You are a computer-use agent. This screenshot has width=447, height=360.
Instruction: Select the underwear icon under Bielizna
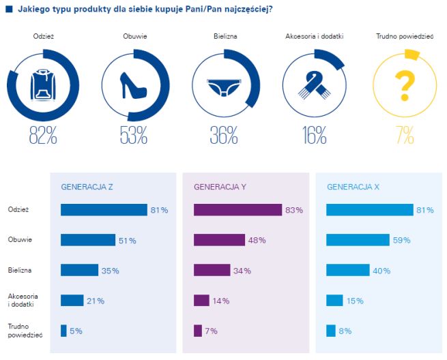pos(224,87)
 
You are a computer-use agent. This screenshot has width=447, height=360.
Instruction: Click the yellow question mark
pos(405,86)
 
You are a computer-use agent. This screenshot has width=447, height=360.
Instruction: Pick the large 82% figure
pos(42,136)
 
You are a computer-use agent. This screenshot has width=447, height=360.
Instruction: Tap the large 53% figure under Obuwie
pos(133,136)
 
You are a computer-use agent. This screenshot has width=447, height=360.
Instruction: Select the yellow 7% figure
pos(405,136)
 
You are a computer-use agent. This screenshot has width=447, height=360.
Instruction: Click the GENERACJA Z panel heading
pos(87,186)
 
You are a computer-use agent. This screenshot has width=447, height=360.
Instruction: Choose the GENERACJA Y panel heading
pos(220,186)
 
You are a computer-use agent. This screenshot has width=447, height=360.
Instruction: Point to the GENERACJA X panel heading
pos(353,186)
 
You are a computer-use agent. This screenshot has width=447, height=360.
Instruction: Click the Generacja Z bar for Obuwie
pos(88,240)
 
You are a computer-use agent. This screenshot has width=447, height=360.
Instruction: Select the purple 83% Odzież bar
pos(237,210)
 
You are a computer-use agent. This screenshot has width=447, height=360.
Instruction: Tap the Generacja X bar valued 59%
pos(358,240)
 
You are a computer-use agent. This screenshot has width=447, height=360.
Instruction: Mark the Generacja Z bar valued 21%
pos(72,300)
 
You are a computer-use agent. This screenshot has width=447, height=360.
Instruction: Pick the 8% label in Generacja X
pos(345,331)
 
